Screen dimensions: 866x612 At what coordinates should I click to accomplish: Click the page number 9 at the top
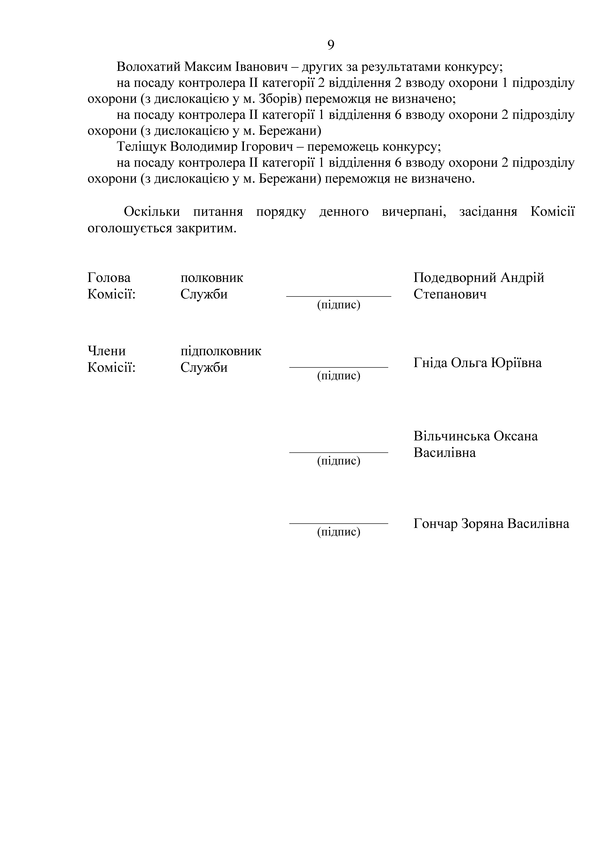point(330,45)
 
